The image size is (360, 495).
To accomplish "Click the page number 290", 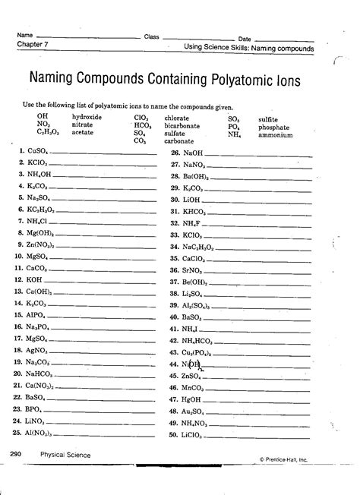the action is (17, 455).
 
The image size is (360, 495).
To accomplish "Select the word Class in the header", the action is (151, 36).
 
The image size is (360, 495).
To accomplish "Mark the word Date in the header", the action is (245, 38).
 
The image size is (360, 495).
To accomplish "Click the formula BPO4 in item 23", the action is (36, 408).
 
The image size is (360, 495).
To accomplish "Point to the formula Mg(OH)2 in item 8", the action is (39, 234).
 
